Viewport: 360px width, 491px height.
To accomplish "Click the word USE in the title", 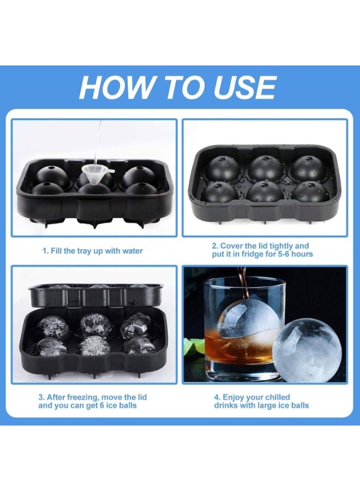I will click(x=243, y=87).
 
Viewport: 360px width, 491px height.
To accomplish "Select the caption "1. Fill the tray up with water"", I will click(x=93, y=251).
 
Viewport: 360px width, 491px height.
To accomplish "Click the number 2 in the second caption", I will click(x=215, y=246).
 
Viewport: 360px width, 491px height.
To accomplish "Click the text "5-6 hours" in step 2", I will click(x=295, y=254).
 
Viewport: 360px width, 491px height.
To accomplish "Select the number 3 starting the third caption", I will click(x=41, y=397).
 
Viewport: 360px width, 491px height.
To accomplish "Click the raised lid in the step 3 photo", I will click(x=95, y=295).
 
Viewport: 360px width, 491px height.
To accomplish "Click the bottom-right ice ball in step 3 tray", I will click(x=139, y=345).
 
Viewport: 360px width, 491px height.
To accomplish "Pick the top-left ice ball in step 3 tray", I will click(x=53, y=326).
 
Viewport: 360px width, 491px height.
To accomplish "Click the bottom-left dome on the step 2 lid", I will click(x=220, y=191).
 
